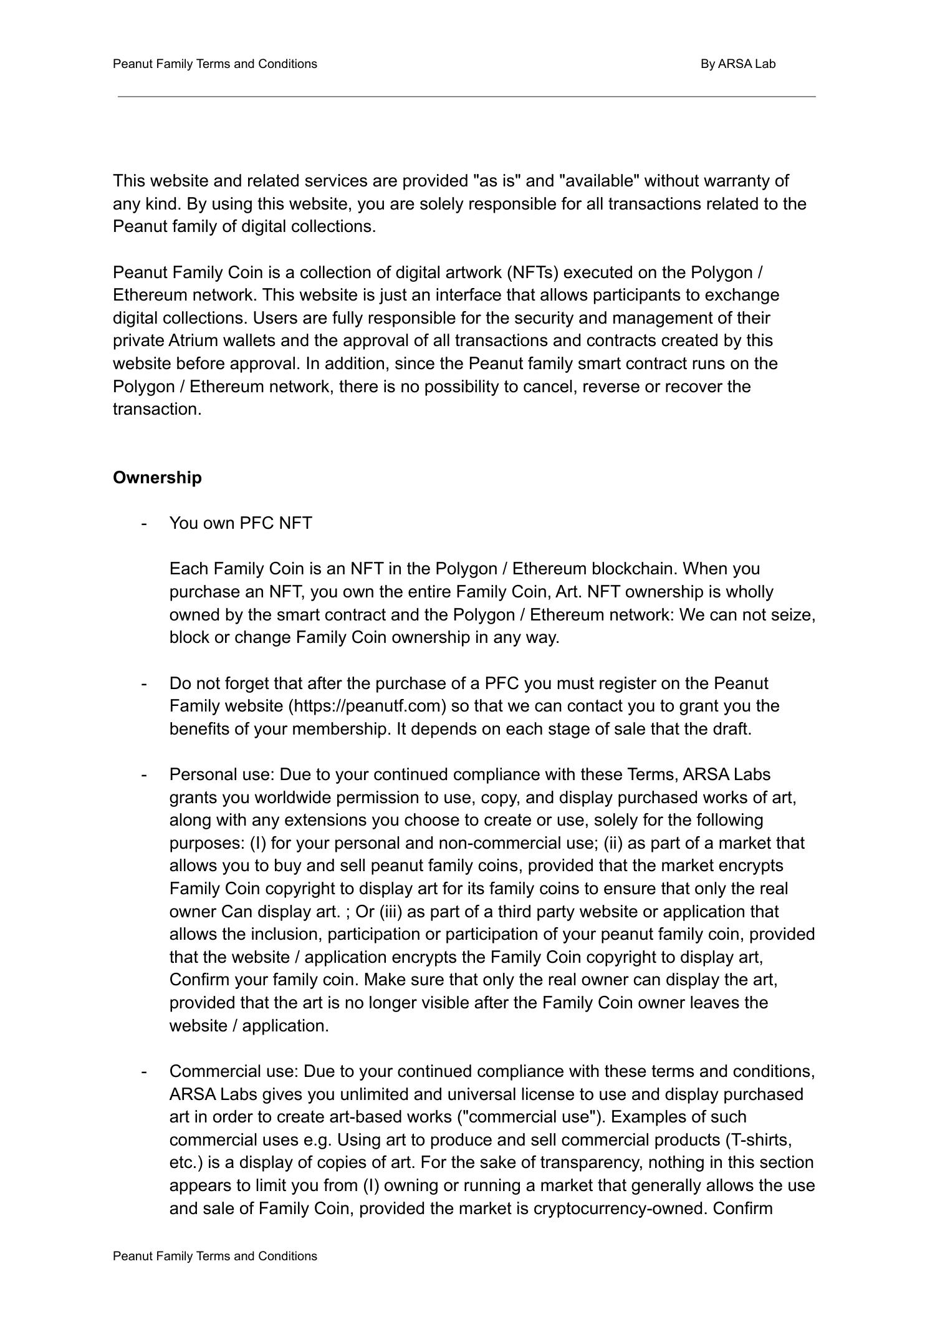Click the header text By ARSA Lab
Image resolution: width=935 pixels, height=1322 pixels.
coord(737,64)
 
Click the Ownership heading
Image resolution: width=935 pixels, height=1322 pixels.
coord(157,478)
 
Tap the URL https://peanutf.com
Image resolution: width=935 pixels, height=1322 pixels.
coord(367,706)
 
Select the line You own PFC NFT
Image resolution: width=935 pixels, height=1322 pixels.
coord(241,523)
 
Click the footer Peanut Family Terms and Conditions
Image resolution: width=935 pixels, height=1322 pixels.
coord(214,1256)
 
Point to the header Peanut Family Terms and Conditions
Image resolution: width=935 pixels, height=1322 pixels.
coord(214,64)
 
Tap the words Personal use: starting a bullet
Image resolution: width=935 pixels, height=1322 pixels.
coord(221,774)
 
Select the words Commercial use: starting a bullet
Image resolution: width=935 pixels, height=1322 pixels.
coord(234,1071)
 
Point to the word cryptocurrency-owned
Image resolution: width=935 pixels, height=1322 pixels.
coord(620,1209)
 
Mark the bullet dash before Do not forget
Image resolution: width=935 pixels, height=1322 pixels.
coord(145,683)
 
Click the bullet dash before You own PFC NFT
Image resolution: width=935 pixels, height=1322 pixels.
coord(145,523)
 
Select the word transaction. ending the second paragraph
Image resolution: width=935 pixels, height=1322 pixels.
coord(157,409)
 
